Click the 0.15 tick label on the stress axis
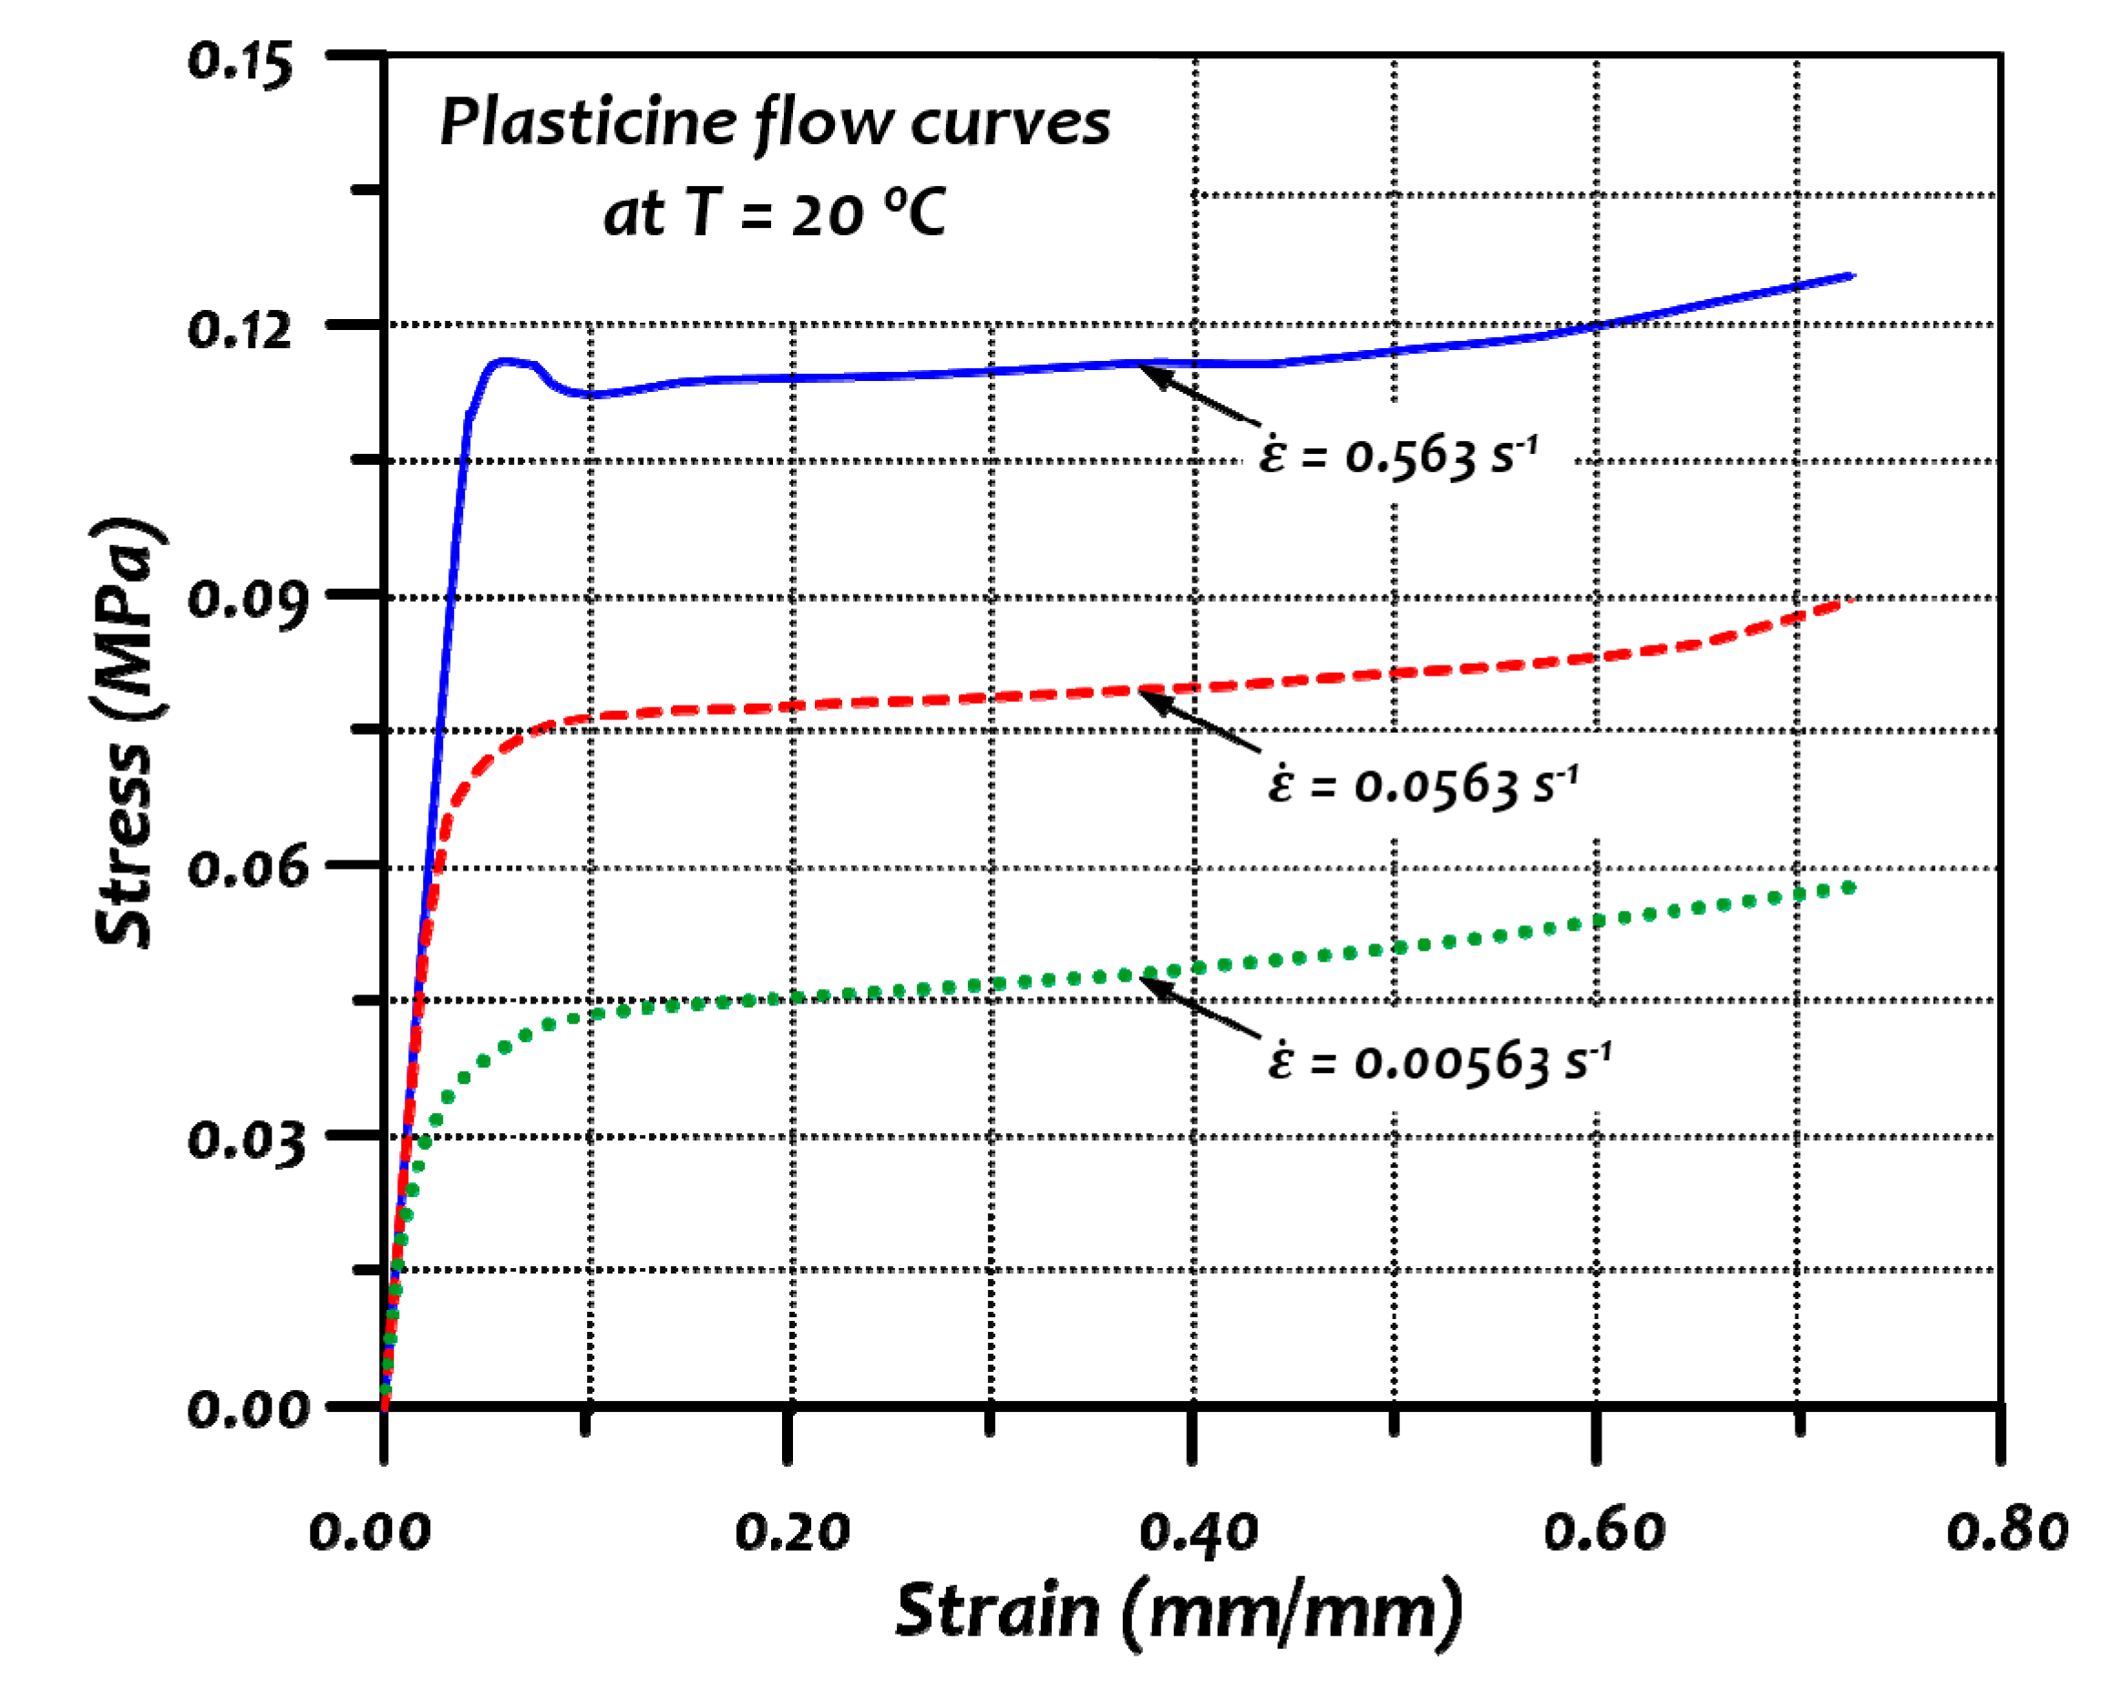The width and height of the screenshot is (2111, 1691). point(240,64)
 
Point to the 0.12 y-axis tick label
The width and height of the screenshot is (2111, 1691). point(240,328)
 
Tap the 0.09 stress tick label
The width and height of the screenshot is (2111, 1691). point(240,598)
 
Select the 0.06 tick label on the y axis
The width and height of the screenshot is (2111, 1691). point(240,868)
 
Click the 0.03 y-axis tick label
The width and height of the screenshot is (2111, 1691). point(240,1138)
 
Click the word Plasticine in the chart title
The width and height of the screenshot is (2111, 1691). point(589,123)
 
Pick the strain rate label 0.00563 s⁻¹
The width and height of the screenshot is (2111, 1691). point(1439,1062)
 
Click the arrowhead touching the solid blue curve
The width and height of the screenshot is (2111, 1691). point(1149,371)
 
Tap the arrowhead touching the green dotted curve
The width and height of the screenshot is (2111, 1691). point(1149,982)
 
